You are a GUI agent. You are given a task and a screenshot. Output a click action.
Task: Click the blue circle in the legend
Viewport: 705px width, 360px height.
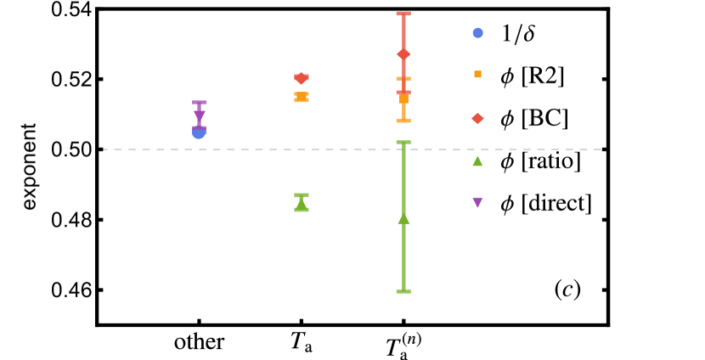point(477,33)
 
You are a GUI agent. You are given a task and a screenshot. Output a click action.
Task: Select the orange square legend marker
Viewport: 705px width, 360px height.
point(477,75)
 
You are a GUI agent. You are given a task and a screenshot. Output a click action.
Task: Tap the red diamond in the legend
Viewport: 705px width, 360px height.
point(477,119)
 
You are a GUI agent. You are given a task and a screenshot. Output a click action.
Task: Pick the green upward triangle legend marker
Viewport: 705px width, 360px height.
point(477,160)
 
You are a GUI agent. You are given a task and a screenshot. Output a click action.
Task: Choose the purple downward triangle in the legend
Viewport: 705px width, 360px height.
point(477,202)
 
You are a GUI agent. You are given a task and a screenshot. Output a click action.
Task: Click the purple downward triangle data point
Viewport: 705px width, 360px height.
point(199,115)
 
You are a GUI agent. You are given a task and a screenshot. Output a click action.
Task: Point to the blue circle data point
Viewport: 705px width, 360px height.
point(199,132)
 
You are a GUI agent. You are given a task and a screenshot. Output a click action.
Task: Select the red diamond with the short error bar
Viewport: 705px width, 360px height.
point(302,78)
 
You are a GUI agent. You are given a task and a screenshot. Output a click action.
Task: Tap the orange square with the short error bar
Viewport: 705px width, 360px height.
point(302,97)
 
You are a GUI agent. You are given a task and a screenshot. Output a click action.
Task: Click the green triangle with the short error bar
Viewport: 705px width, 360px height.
point(302,204)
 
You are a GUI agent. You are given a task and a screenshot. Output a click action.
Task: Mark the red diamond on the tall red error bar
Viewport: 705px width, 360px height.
point(403,54)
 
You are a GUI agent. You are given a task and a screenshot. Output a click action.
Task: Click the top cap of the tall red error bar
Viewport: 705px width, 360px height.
point(403,14)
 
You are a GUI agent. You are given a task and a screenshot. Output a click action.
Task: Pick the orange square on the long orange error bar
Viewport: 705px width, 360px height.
point(403,99)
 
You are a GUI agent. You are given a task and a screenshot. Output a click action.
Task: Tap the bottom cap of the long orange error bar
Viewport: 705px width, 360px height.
point(403,121)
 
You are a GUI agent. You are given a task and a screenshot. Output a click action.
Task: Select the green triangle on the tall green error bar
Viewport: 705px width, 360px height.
point(403,218)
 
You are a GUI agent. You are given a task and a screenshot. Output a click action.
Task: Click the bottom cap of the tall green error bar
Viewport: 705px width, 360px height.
point(403,291)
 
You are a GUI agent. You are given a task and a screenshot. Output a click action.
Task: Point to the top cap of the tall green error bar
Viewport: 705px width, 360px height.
point(403,143)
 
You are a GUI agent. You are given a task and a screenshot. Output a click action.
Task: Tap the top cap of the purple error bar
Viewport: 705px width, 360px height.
point(199,103)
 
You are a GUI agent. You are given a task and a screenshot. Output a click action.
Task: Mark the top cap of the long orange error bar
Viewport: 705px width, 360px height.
point(403,79)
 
